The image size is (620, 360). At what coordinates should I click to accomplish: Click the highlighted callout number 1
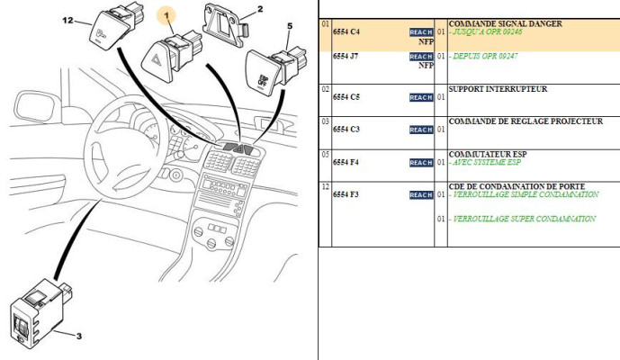pyautogui.click(x=166, y=16)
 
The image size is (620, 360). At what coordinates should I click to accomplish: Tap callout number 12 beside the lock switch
pyautogui.click(x=68, y=20)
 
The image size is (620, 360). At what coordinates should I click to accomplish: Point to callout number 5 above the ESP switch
pyautogui.click(x=290, y=26)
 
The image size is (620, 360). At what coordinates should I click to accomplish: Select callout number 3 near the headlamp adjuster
pyautogui.click(x=78, y=337)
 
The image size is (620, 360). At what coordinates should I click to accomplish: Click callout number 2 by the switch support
pyautogui.click(x=260, y=9)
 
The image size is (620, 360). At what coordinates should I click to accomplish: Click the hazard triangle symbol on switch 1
pyautogui.click(x=157, y=59)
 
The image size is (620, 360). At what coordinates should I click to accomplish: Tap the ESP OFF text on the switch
pyautogui.click(x=263, y=81)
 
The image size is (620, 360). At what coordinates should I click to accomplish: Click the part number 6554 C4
pyautogui.click(x=346, y=32)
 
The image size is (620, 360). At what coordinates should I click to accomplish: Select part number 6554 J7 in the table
pyautogui.click(x=346, y=56)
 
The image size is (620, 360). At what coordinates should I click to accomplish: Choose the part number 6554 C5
pyautogui.click(x=346, y=97)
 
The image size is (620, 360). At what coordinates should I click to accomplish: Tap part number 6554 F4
pyautogui.click(x=346, y=162)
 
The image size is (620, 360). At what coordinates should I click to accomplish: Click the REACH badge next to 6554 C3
pyautogui.click(x=421, y=130)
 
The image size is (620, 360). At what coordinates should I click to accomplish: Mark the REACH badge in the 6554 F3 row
pyautogui.click(x=421, y=195)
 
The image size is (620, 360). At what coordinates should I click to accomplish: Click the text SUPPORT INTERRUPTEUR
pyautogui.click(x=498, y=89)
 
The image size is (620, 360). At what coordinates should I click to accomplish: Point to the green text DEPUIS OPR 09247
pyautogui.click(x=483, y=56)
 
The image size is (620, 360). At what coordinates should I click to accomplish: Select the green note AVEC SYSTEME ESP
pyautogui.click(x=485, y=162)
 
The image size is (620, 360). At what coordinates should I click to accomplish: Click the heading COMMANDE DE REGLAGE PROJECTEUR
pyautogui.click(x=526, y=121)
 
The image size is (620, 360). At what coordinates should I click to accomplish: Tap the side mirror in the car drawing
pyautogui.click(x=35, y=107)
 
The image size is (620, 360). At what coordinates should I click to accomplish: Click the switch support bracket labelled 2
pyautogui.click(x=225, y=24)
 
